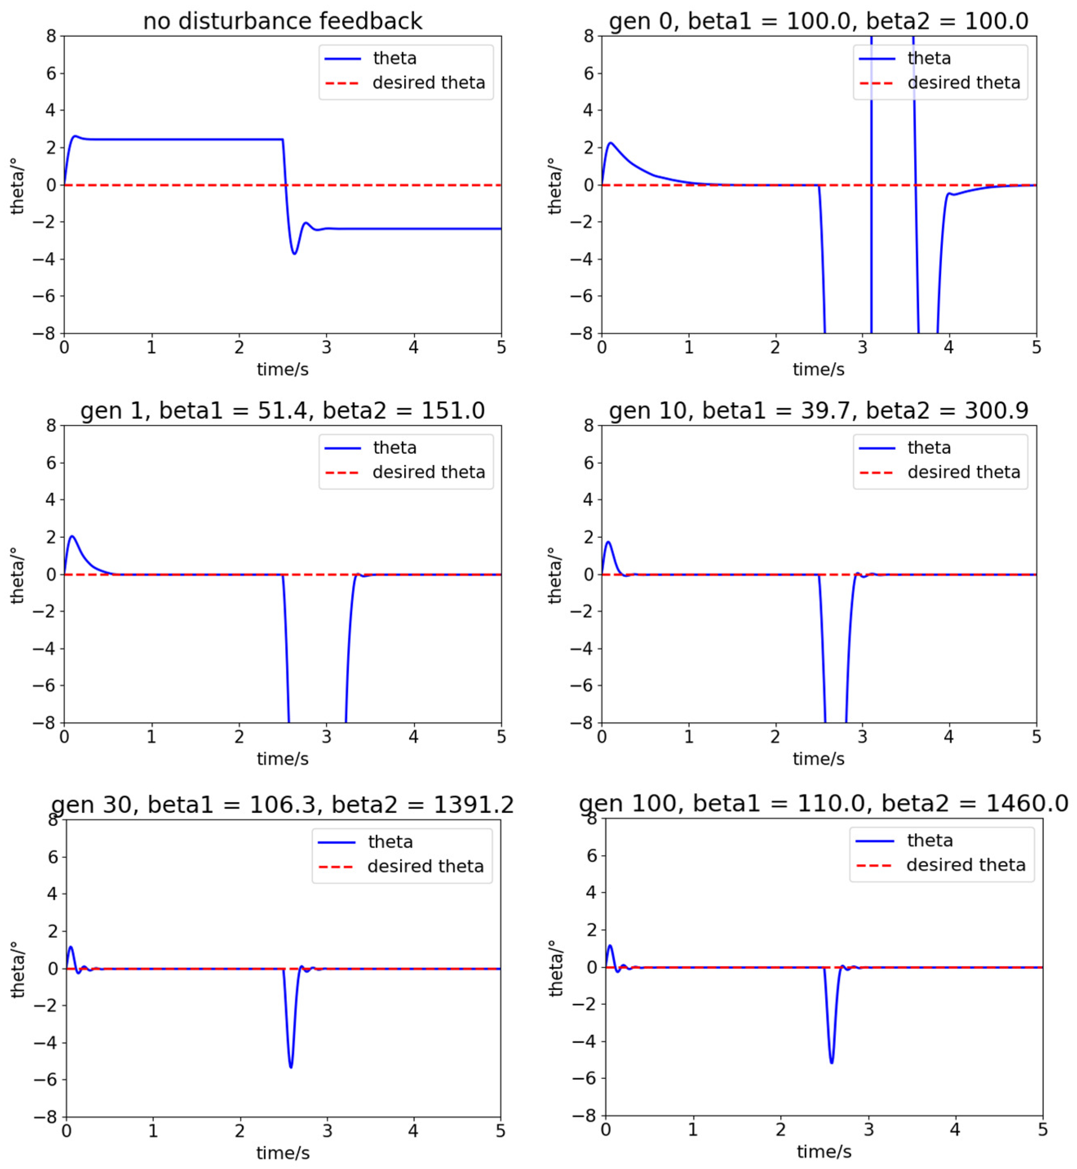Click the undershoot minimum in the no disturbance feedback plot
(x=294, y=254)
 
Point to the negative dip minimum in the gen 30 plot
(x=291, y=1067)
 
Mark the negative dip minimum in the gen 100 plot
(x=831, y=1062)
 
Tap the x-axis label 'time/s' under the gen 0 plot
(x=818, y=369)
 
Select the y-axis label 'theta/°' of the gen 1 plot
(x=17, y=575)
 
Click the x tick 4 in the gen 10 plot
(x=949, y=737)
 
